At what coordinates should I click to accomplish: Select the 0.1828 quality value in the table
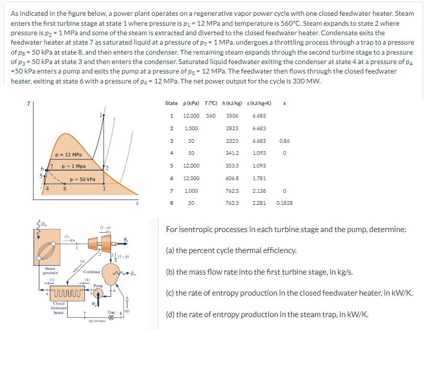pyautogui.click(x=285, y=202)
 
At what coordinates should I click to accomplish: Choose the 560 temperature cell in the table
pyautogui.click(x=210, y=116)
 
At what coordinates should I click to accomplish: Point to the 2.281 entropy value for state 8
pyautogui.click(x=259, y=202)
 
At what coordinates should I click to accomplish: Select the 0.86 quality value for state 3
pyautogui.click(x=284, y=141)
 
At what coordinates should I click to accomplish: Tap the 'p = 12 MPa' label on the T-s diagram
pyautogui.click(x=69, y=155)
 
